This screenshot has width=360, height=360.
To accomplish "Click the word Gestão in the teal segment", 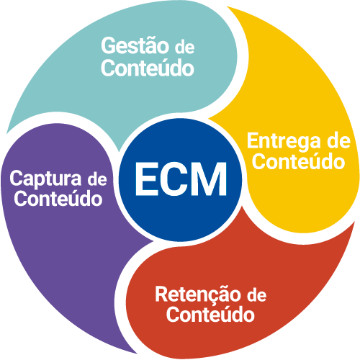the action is (x=135, y=45).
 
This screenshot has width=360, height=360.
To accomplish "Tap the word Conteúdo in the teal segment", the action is (x=148, y=68).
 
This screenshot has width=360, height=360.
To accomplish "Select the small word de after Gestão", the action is (x=184, y=47).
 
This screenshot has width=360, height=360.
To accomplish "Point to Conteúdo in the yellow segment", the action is (x=299, y=161).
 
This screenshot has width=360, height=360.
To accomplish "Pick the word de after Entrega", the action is (x=339, y=141).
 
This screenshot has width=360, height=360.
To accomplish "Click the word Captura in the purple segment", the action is (x=45, y=179).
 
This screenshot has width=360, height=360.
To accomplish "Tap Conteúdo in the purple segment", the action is (x=58, y=198).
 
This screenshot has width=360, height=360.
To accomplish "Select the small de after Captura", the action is (x=97, y=180).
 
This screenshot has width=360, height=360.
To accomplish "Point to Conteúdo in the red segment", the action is (x=210, y=314).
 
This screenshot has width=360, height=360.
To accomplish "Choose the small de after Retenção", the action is (x=256, y=296).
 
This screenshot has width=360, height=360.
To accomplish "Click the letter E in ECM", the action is (x=147, y=179).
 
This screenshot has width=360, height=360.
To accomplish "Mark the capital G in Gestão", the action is (x=109, y=45).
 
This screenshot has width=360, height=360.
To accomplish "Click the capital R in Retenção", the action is (x=163, y=294).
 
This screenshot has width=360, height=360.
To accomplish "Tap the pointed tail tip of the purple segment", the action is (x=137, y=354).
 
